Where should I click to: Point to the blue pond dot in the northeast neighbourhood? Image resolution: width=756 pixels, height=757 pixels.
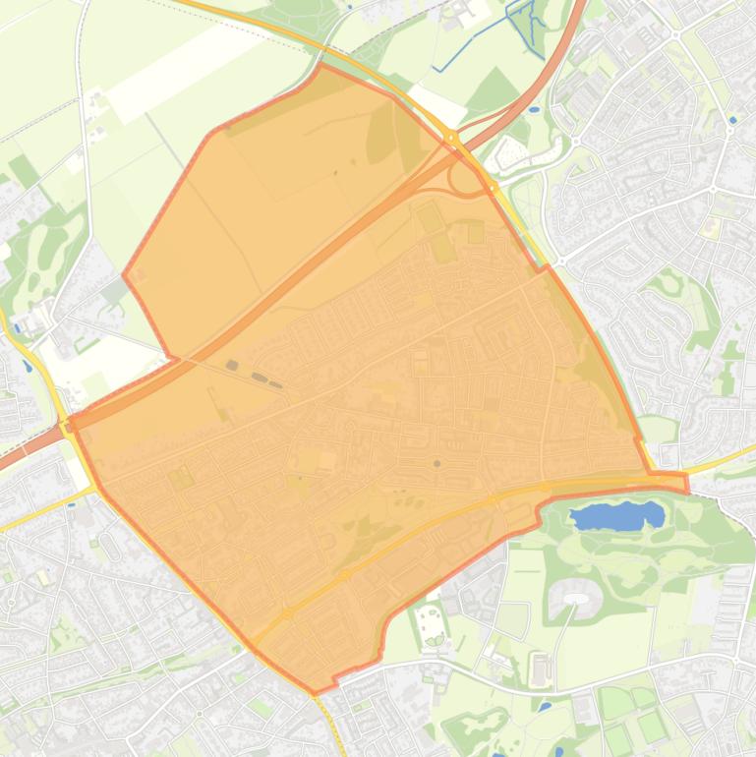(x=732, y=120)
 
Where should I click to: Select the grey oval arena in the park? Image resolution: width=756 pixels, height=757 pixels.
(x=574, y=592)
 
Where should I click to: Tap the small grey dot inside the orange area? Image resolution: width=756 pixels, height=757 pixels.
(x=436, y=463)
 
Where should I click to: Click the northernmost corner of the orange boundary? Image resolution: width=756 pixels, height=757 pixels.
(x=321, y=66)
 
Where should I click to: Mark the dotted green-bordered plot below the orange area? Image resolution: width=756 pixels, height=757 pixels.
(x=431, y=623)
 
